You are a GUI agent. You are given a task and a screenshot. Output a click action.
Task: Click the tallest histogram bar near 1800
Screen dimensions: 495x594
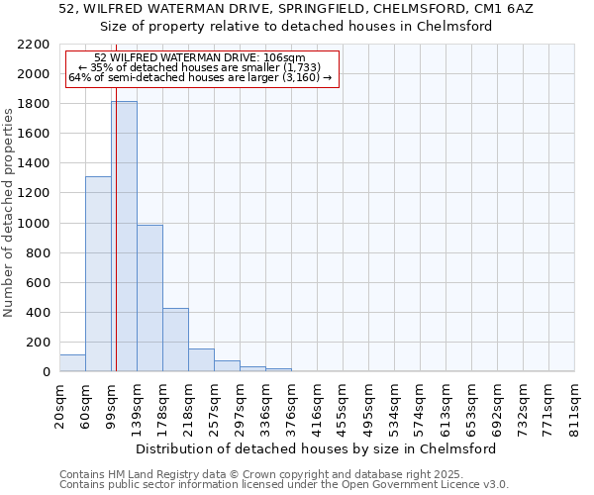click(x=124, y=238)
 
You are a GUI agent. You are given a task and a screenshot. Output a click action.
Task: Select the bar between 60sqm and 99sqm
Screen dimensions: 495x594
click(x=98, y=274)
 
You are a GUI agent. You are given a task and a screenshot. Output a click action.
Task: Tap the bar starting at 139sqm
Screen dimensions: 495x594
click(x=149, y=298)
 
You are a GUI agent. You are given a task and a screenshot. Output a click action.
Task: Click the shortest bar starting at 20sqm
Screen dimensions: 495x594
click(x=72, y=363)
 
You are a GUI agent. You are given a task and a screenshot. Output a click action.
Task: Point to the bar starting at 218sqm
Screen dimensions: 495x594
click(x=201, y=360)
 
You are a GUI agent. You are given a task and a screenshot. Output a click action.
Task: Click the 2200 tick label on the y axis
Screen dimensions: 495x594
click(x=31, y=45)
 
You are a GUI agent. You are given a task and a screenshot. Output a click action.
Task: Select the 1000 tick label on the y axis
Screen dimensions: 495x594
click(x=31, y=224)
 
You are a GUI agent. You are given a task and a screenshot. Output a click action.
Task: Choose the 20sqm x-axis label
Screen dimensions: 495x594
click(x=59, y=406)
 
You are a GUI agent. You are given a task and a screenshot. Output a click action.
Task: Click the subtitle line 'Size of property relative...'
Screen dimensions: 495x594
click(x=296, y=26)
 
